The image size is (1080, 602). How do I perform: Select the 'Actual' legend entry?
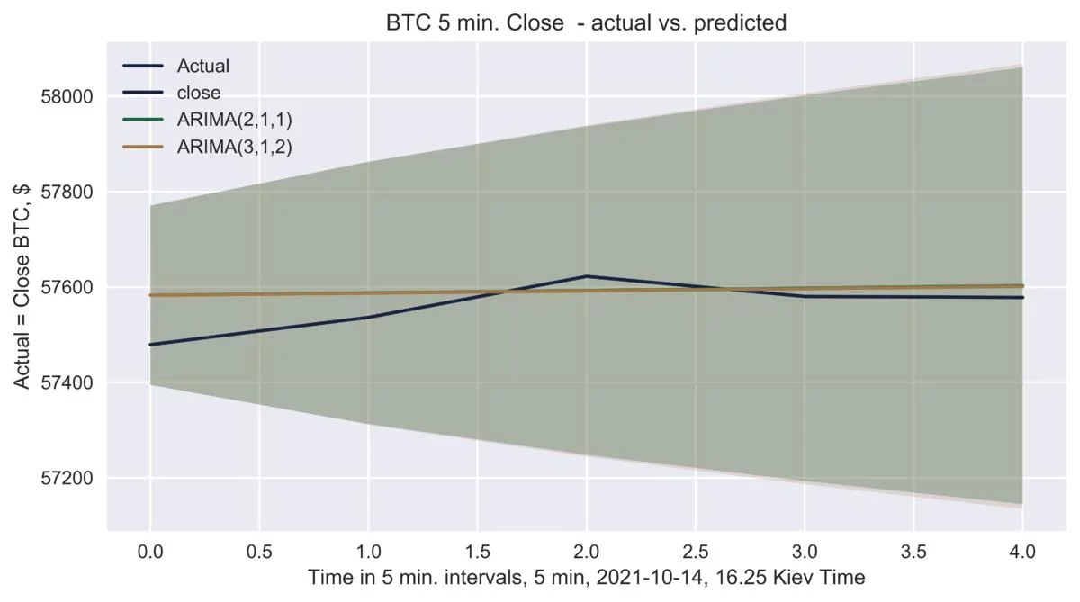click(x=203, y=66)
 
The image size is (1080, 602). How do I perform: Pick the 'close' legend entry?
click(x=199, y=92)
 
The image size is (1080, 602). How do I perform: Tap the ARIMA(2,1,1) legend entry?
click(x=235, y=119)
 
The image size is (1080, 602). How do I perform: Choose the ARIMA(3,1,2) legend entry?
click(x=235, y=146)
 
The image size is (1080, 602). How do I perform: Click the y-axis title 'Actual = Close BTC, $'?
click(x=22, y=287)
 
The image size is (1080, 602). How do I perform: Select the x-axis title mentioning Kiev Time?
click(x=586, y=578)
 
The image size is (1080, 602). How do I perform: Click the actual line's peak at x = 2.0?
click(x=587, y=276)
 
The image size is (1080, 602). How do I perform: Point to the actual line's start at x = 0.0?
click(x=150, y=345)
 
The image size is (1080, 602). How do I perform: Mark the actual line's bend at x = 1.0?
click(x=368, y=317)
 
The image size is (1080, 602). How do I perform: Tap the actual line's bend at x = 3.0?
click(x=805, y=296)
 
